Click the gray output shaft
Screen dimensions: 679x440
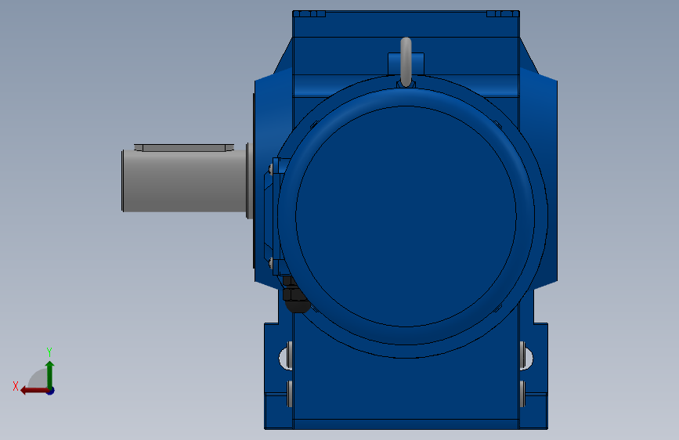point(185,181)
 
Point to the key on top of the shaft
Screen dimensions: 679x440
point(184,148)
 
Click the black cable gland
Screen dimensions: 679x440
point(295,297)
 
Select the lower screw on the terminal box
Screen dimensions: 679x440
point(271,262)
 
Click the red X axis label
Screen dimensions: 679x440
point(16,386)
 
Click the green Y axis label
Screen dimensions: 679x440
point(49,352)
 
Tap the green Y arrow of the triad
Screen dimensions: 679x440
point(50,374)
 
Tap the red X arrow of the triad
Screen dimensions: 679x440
point(34,391)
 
